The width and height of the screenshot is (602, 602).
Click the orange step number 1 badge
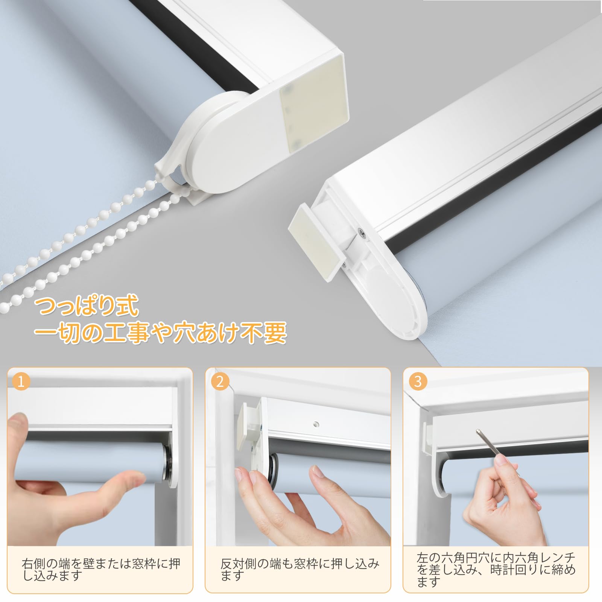coord(21,382)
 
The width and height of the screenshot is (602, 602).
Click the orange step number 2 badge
coord(220,382)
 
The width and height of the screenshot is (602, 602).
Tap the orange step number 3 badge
coord(418,382)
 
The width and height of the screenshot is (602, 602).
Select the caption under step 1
coord(100,569)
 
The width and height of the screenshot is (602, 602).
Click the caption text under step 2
coord(299,569)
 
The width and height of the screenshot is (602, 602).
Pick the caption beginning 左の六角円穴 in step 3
coord(496,570)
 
